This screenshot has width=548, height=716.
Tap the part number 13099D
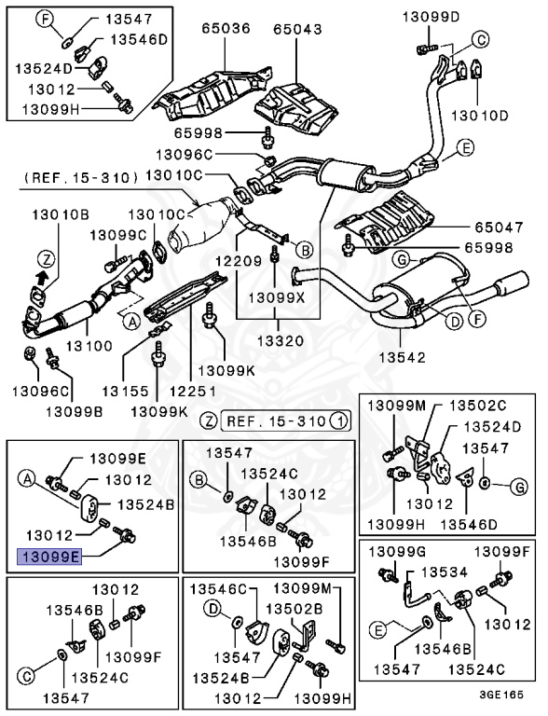431,16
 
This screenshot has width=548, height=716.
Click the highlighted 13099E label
49,558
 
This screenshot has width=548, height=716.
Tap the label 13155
125,391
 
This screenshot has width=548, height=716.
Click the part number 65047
493,227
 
